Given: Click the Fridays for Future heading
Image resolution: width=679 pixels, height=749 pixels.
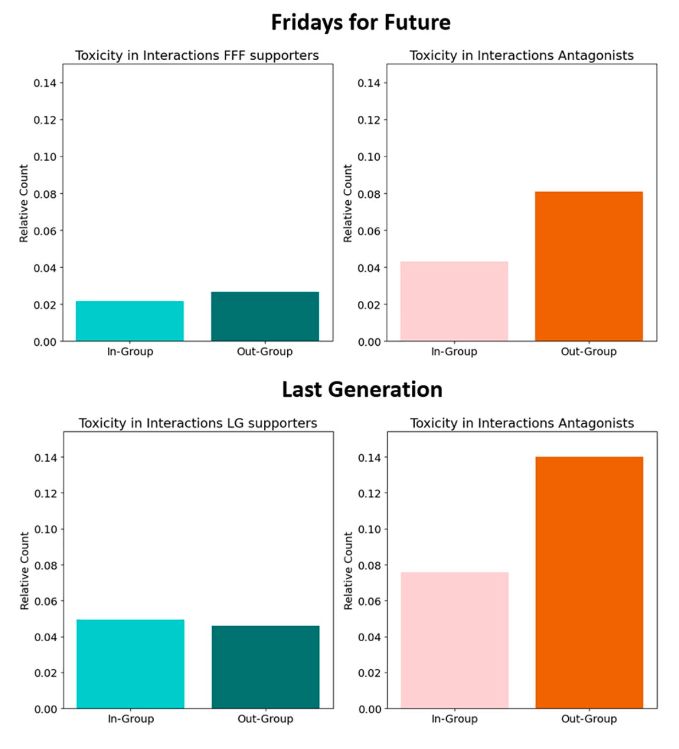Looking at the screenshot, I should click(361, 23).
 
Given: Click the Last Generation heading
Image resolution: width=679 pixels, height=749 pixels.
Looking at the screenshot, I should click(362, 390).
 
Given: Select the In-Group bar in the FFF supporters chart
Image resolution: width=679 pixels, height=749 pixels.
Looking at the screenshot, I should click(130, 321).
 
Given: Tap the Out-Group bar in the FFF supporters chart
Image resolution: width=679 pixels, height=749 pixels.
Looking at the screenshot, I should click(265, 317).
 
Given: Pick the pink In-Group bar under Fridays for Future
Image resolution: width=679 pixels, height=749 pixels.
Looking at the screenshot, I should click(454, 301).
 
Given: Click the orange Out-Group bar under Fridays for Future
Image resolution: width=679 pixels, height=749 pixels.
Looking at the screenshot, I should click(589, 267).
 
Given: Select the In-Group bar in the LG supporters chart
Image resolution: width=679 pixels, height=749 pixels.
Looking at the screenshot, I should click(130, 664).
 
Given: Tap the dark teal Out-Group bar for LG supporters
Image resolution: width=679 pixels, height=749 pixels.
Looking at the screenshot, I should click(266, 667).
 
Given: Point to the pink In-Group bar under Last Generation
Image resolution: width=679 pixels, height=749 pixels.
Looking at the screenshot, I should click(454, 640).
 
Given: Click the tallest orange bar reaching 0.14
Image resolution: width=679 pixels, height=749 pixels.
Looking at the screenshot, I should click(589, 582).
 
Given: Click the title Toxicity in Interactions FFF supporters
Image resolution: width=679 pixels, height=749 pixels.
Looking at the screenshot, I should click(197, 56).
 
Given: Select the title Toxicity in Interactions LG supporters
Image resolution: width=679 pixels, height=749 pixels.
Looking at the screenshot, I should click(198, 423).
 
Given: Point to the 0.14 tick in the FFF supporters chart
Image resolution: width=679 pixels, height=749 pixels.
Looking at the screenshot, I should click(45, 83).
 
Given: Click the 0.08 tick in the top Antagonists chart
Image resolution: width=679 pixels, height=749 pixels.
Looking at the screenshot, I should click(369, 194).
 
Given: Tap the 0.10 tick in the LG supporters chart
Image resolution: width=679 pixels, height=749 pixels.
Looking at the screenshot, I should click(45, 529).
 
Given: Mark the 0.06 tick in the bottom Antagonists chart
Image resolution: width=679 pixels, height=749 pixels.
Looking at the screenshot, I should click(369, 602).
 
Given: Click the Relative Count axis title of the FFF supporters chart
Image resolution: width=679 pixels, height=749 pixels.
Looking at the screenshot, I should click(24, 204).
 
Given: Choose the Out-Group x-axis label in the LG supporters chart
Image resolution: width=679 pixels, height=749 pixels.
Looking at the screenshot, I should click(266, 719).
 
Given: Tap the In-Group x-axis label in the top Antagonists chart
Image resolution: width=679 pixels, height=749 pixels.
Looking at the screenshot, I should click(454, 352).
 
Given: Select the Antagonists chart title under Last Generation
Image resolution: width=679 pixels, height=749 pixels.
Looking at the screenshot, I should click(522, 423).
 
